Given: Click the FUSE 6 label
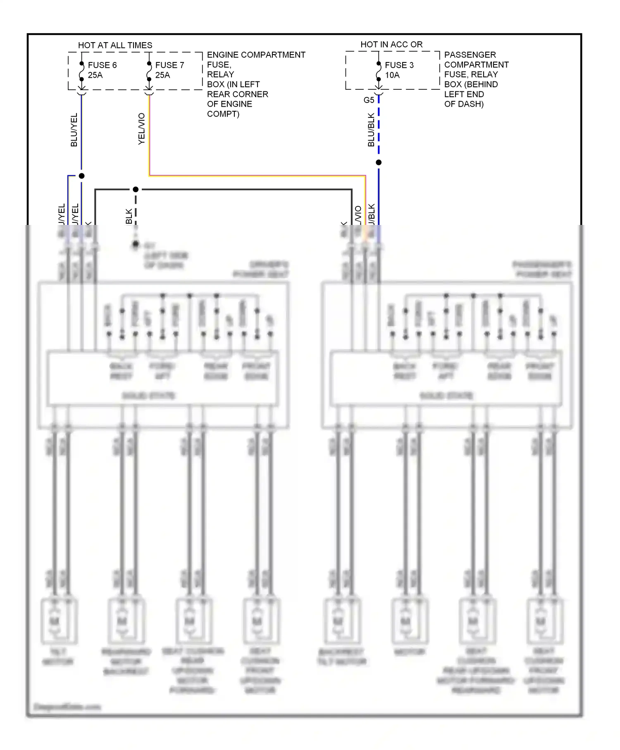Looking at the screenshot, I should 102,65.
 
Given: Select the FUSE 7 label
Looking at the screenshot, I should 169,65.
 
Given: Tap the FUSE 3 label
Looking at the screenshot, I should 399,65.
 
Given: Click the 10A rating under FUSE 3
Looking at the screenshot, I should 392,75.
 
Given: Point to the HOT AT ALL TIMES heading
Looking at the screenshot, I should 115,45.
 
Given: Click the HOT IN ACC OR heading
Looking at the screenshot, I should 391,44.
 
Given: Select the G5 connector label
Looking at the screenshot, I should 369,100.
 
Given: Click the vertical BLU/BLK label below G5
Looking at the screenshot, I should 371,130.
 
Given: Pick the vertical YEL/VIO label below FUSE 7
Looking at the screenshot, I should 141,129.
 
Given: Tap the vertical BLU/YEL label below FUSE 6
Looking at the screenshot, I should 74,130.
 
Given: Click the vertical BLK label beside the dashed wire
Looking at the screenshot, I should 129,216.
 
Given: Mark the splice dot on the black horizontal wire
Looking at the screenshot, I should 136,189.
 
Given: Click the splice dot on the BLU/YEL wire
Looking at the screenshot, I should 82,176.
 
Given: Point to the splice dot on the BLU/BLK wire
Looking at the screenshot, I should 379,162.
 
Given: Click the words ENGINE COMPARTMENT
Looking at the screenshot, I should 256,55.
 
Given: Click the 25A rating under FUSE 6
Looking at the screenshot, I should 95,75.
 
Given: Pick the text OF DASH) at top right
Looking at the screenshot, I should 464,104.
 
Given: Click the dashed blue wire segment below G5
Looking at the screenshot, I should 379,128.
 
